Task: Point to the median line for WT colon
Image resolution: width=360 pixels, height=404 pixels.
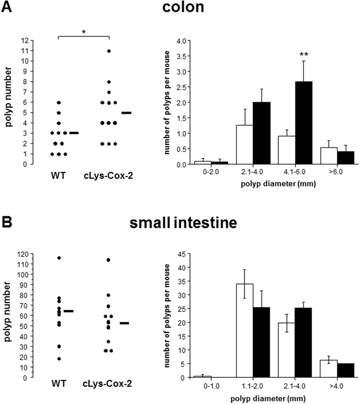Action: pos(74,133)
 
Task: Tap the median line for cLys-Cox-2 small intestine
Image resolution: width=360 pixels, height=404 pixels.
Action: pos(125,323)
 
